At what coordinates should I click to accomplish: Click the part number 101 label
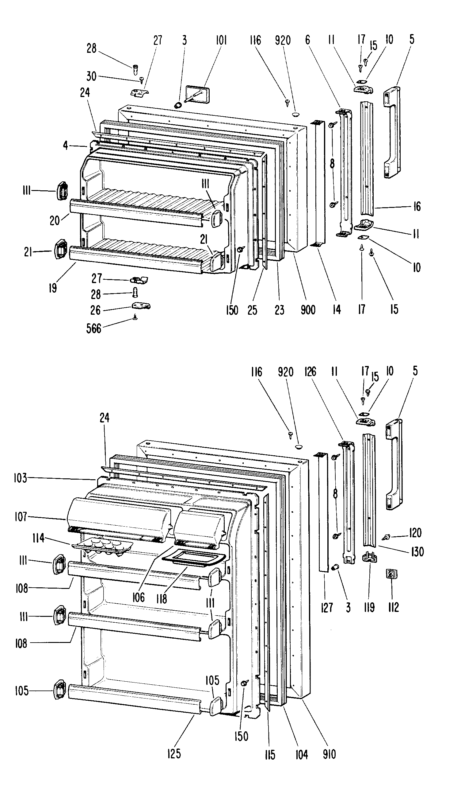coord(221,41)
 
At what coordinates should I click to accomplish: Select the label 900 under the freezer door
coord(308,310)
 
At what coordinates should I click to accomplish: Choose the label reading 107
coord(21,517)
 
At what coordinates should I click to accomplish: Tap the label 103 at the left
coord(21,478)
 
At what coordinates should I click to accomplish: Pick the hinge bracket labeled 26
coord(141,306)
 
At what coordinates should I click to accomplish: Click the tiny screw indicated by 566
coord(135,317)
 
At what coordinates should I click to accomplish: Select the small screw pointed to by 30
coord(142,80)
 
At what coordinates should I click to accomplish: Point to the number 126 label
coord(310,372)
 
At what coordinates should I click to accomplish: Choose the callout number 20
coord(55,220)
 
